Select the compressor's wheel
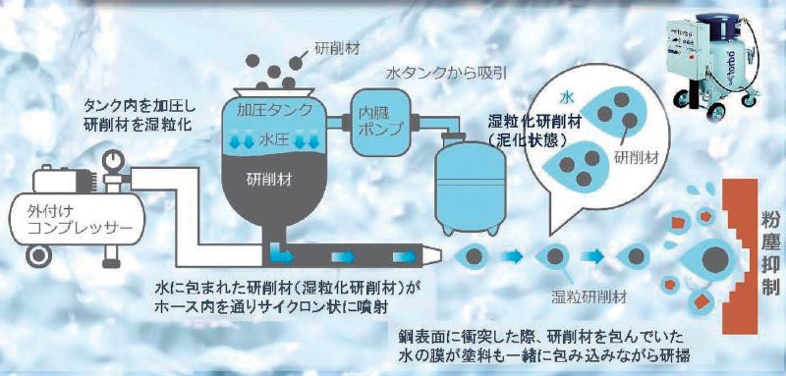[x=38, y=256]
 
